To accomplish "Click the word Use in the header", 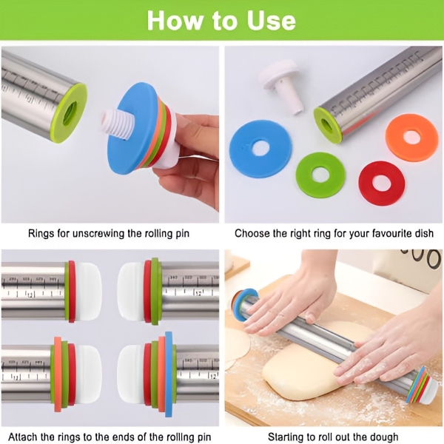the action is tap(271, 20).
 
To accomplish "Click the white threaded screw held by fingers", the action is tap(115, 124).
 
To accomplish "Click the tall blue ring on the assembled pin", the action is tap(169, 374).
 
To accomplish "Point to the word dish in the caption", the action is tap(423, 233).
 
